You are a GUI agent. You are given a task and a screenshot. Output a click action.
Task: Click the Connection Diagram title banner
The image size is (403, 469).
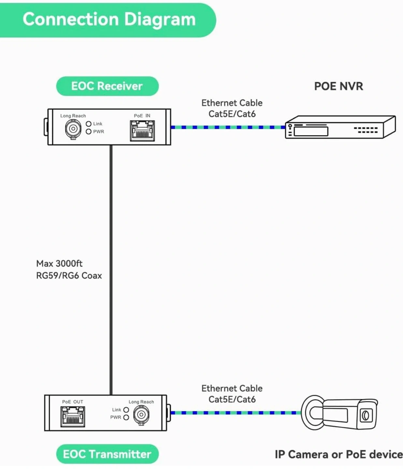pos(109,20)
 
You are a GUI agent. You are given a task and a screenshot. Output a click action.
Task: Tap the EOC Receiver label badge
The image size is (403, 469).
pos(107,86)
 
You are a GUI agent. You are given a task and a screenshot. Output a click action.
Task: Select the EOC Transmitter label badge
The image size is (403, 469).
pos(107,454)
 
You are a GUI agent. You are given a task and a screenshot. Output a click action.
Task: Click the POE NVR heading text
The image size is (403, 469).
pos(338,86)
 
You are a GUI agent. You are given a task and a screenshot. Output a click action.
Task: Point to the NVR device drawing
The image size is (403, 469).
pos(340,127)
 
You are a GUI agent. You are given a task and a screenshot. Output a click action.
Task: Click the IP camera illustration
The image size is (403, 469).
pos(339,413)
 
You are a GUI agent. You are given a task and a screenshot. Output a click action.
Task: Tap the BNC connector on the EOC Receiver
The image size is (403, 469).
pos(73,129)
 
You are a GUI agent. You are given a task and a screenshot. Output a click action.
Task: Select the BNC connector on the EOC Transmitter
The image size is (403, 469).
pos(141,415)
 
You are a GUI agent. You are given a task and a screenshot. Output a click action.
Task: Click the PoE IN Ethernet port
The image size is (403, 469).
pos(142,131)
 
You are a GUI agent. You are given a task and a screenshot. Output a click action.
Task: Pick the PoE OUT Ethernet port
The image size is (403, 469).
pos(73,417)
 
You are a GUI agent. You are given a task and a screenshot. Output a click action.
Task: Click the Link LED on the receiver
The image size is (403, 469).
pos(89,124)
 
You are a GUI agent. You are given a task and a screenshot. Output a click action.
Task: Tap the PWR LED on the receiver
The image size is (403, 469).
pos(89,132)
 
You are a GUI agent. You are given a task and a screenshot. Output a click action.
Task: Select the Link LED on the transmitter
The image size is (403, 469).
pos(126,410)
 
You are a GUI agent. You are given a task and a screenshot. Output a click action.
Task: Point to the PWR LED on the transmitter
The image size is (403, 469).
pos(126,417)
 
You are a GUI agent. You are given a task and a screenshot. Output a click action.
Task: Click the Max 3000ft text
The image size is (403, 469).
pos(59,263)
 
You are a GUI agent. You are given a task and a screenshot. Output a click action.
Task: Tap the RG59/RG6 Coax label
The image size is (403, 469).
pos(69,276)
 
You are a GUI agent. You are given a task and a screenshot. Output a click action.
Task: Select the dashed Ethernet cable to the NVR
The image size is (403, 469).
pos(228,127)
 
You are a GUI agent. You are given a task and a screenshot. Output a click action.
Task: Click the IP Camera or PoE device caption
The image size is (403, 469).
pos(338,454)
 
